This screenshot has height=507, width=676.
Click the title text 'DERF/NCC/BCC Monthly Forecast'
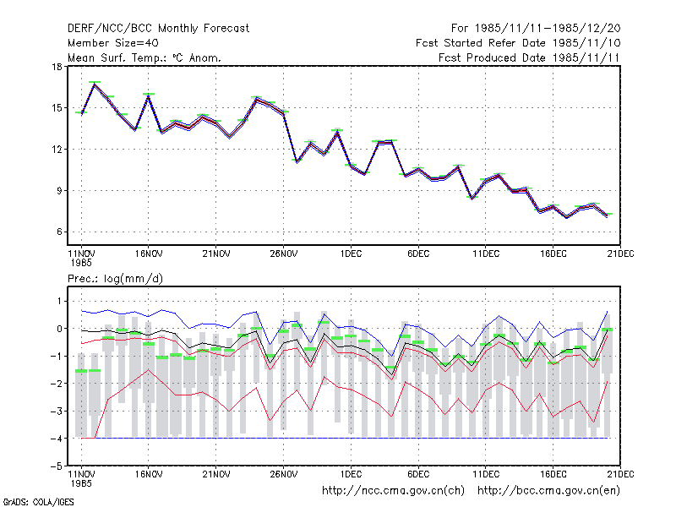click(x=158, y=29)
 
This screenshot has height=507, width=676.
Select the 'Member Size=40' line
click(x=113, y=43)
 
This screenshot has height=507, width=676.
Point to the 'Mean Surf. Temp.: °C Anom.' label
click(x=144, y=57)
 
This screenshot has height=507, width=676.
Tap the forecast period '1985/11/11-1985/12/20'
click(x=548, y=29)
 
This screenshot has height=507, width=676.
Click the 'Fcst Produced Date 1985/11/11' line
click(x=529, y=57)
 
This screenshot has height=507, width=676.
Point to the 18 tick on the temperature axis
click(x=57, y=67)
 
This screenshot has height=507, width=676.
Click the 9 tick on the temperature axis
click(x=59, y=191)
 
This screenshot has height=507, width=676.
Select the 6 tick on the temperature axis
click(x=59, y=232)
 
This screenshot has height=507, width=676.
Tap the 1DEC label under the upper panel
click(x=351, y=254)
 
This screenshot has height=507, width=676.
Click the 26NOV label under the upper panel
click(x=284, y=254)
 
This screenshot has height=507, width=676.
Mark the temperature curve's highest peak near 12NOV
click(x=95, y=84)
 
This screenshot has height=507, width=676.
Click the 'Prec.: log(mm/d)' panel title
click(x=115, y=279)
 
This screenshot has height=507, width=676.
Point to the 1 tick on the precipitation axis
click(x=60, y=302)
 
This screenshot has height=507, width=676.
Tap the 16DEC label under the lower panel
click(x=553, y=474)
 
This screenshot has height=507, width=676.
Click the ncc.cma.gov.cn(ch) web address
click(x=393, y=491)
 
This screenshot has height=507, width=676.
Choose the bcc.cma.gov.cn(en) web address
click(x=548, y=491)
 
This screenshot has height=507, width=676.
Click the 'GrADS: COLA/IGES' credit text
click(x=38, y=502)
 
